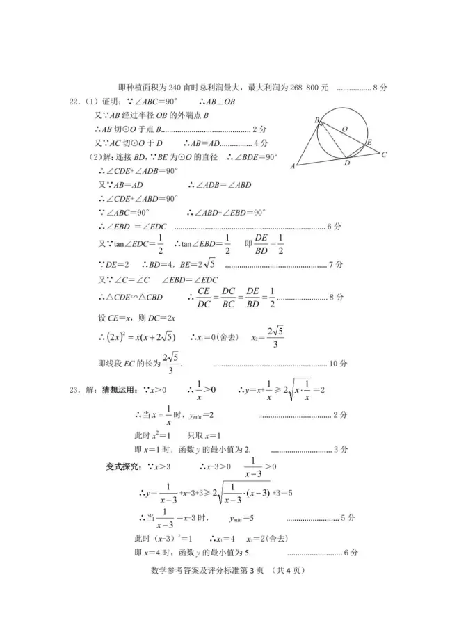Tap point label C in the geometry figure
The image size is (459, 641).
[383, 154]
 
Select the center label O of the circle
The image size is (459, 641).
[344, 128]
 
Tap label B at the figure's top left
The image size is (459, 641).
[316, 120]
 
